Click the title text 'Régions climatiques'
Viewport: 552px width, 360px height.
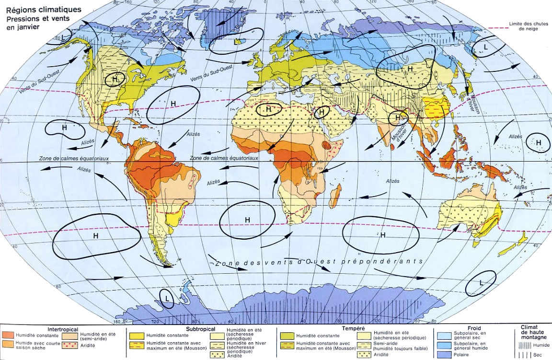coord(40,10)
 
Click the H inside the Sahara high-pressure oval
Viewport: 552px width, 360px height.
coord(268,110)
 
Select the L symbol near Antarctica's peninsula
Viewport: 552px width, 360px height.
coord(167,299)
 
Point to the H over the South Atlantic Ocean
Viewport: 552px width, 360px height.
coord(247,220)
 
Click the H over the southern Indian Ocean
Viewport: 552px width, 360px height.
coord(382,235)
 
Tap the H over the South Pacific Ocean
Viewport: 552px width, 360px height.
coord(95,236)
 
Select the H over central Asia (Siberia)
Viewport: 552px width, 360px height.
coord(410,70)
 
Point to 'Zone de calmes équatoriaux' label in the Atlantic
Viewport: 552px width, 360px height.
coord(225,158)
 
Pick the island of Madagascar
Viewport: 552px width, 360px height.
coord(335,195)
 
